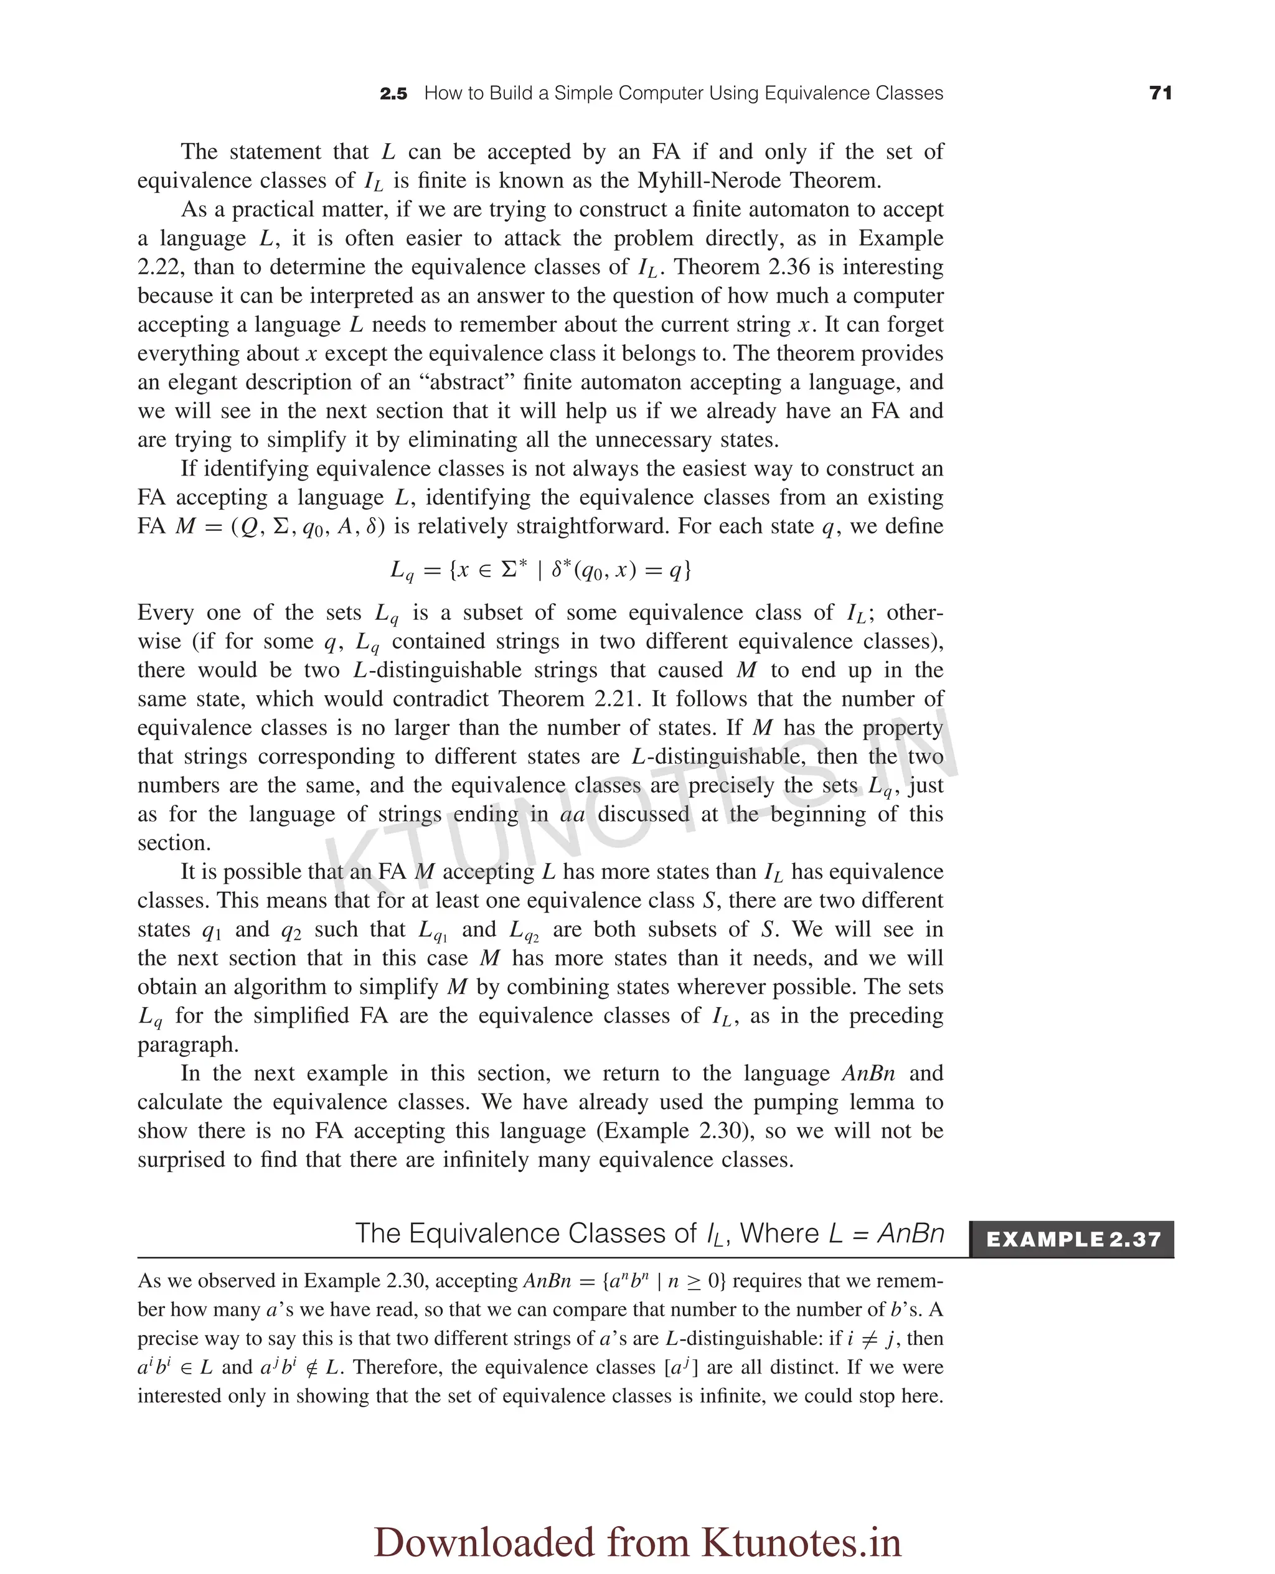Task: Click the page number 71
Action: [1160, 93]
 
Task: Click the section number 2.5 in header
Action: [393, 94]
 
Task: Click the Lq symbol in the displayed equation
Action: [402, 571]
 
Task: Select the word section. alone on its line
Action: [174, 842]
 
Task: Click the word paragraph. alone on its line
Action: [188, 1044]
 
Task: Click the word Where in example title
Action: [779, 1234]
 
